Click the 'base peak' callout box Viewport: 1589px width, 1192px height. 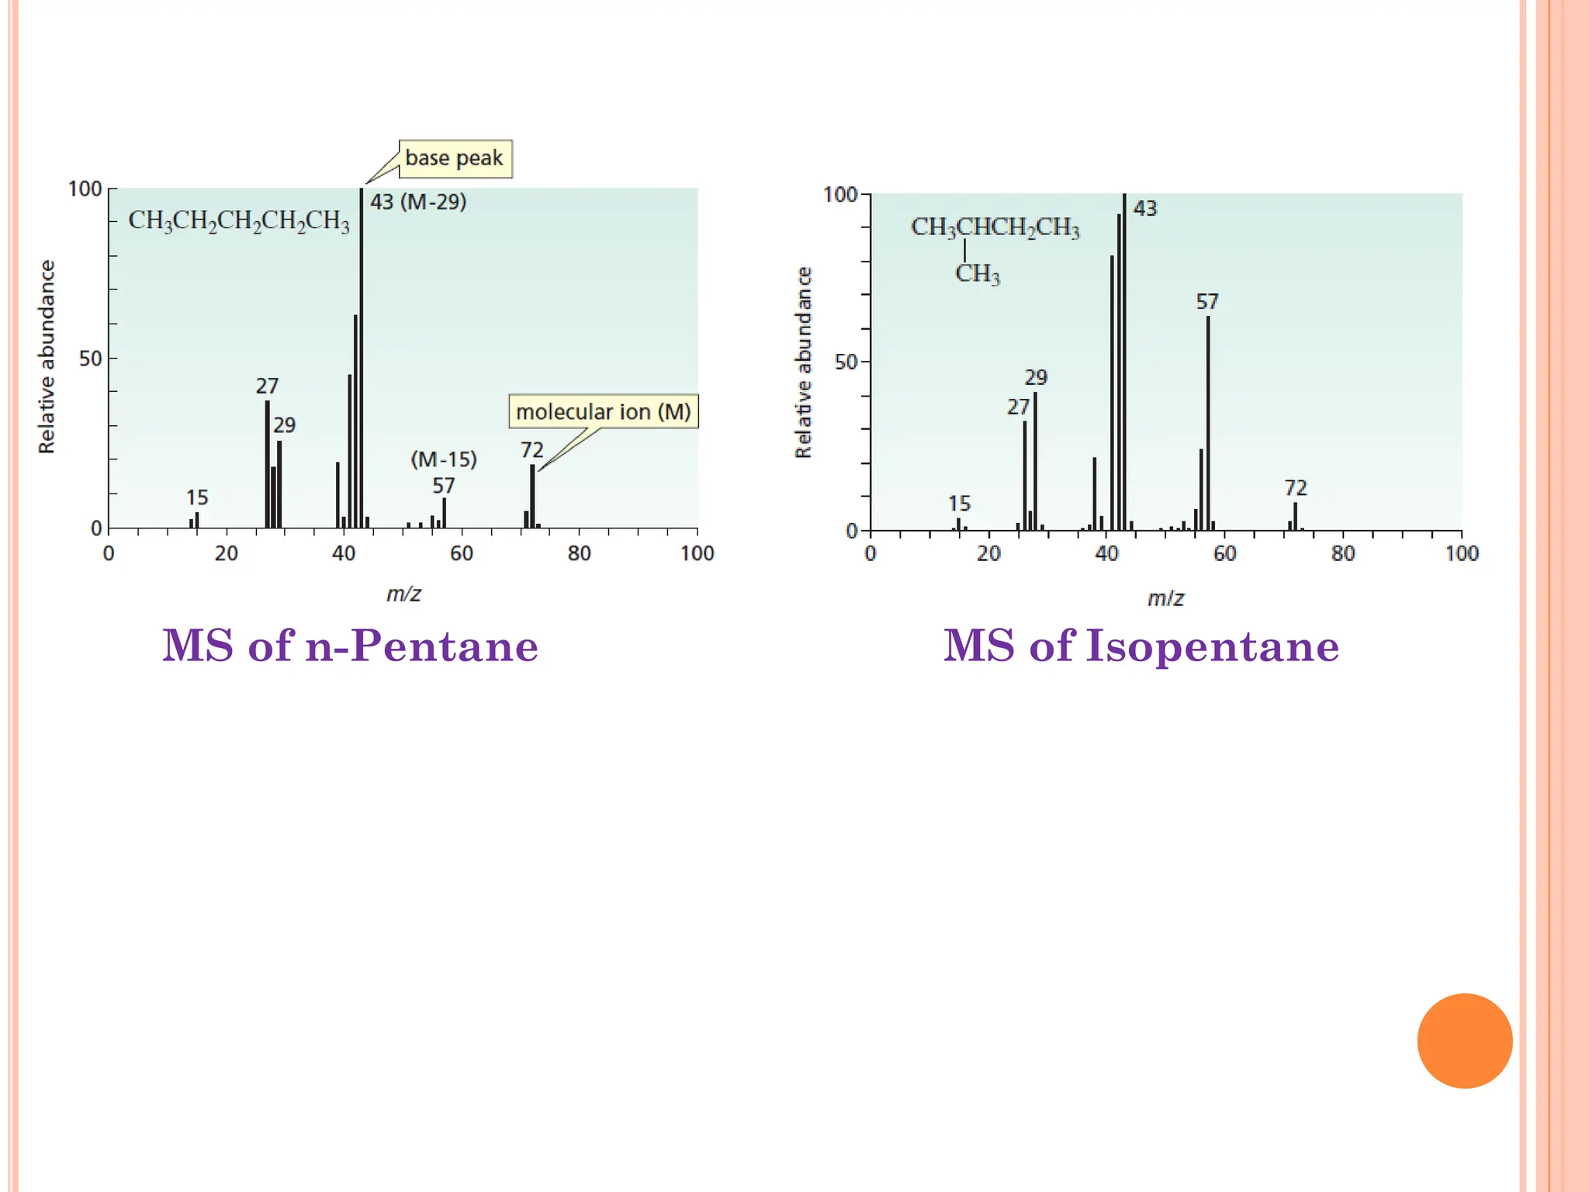pos(455,158)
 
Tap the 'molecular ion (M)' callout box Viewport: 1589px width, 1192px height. pos(603,411)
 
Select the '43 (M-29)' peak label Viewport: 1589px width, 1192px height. pos(417,202)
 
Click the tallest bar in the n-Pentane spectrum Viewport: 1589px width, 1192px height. pos(361,357)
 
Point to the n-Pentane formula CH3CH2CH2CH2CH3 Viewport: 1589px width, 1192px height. pos(238,221)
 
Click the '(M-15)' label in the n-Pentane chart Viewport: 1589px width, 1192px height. pos(443,459)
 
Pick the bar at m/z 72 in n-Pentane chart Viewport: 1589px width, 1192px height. pos(532,497)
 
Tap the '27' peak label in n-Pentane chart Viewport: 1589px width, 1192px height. pos(267,386)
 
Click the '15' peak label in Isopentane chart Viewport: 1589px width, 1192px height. pos(959,504)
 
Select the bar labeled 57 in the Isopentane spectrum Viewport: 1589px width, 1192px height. pos(1208,423)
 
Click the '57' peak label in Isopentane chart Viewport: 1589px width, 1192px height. pos(1207,301)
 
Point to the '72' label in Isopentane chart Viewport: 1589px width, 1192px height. pos(1296,487)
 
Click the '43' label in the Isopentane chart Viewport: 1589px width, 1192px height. pos(1144,208)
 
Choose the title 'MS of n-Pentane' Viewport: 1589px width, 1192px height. pos(350,646)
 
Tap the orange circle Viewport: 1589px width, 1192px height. pos(1464,1041)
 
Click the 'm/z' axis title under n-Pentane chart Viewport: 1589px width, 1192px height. pos(403,594)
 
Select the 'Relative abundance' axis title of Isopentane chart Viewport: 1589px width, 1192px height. pos(803,362)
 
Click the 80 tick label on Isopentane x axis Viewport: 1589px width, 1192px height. pos(1343,553)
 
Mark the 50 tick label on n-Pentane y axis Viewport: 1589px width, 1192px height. pos(90,359)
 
